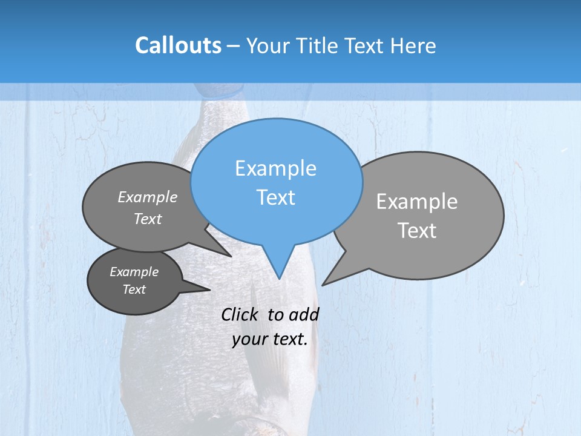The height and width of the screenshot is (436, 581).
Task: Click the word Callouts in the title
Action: coord(178,46)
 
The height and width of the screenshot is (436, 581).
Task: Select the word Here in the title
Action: coord(413,46)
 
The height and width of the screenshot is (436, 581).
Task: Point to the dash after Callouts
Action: coord(234,46)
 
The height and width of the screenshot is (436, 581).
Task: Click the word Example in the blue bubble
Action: coord(275,168)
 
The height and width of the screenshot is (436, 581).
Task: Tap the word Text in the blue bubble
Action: coord(275,197)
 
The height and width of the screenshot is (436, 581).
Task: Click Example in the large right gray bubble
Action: coord(417,202)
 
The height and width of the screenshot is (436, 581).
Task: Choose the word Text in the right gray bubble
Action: coord(417,231)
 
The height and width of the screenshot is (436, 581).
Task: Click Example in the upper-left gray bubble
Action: coord(148,197)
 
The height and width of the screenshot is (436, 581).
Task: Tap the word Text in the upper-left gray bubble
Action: coord(148,219)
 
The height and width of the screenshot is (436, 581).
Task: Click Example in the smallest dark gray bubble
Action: coord(134,272)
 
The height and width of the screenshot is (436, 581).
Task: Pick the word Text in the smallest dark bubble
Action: coord(134,289)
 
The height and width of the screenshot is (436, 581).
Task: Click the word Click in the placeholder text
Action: coord(240,315)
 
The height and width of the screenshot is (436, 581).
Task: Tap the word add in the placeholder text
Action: coord(304,315)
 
